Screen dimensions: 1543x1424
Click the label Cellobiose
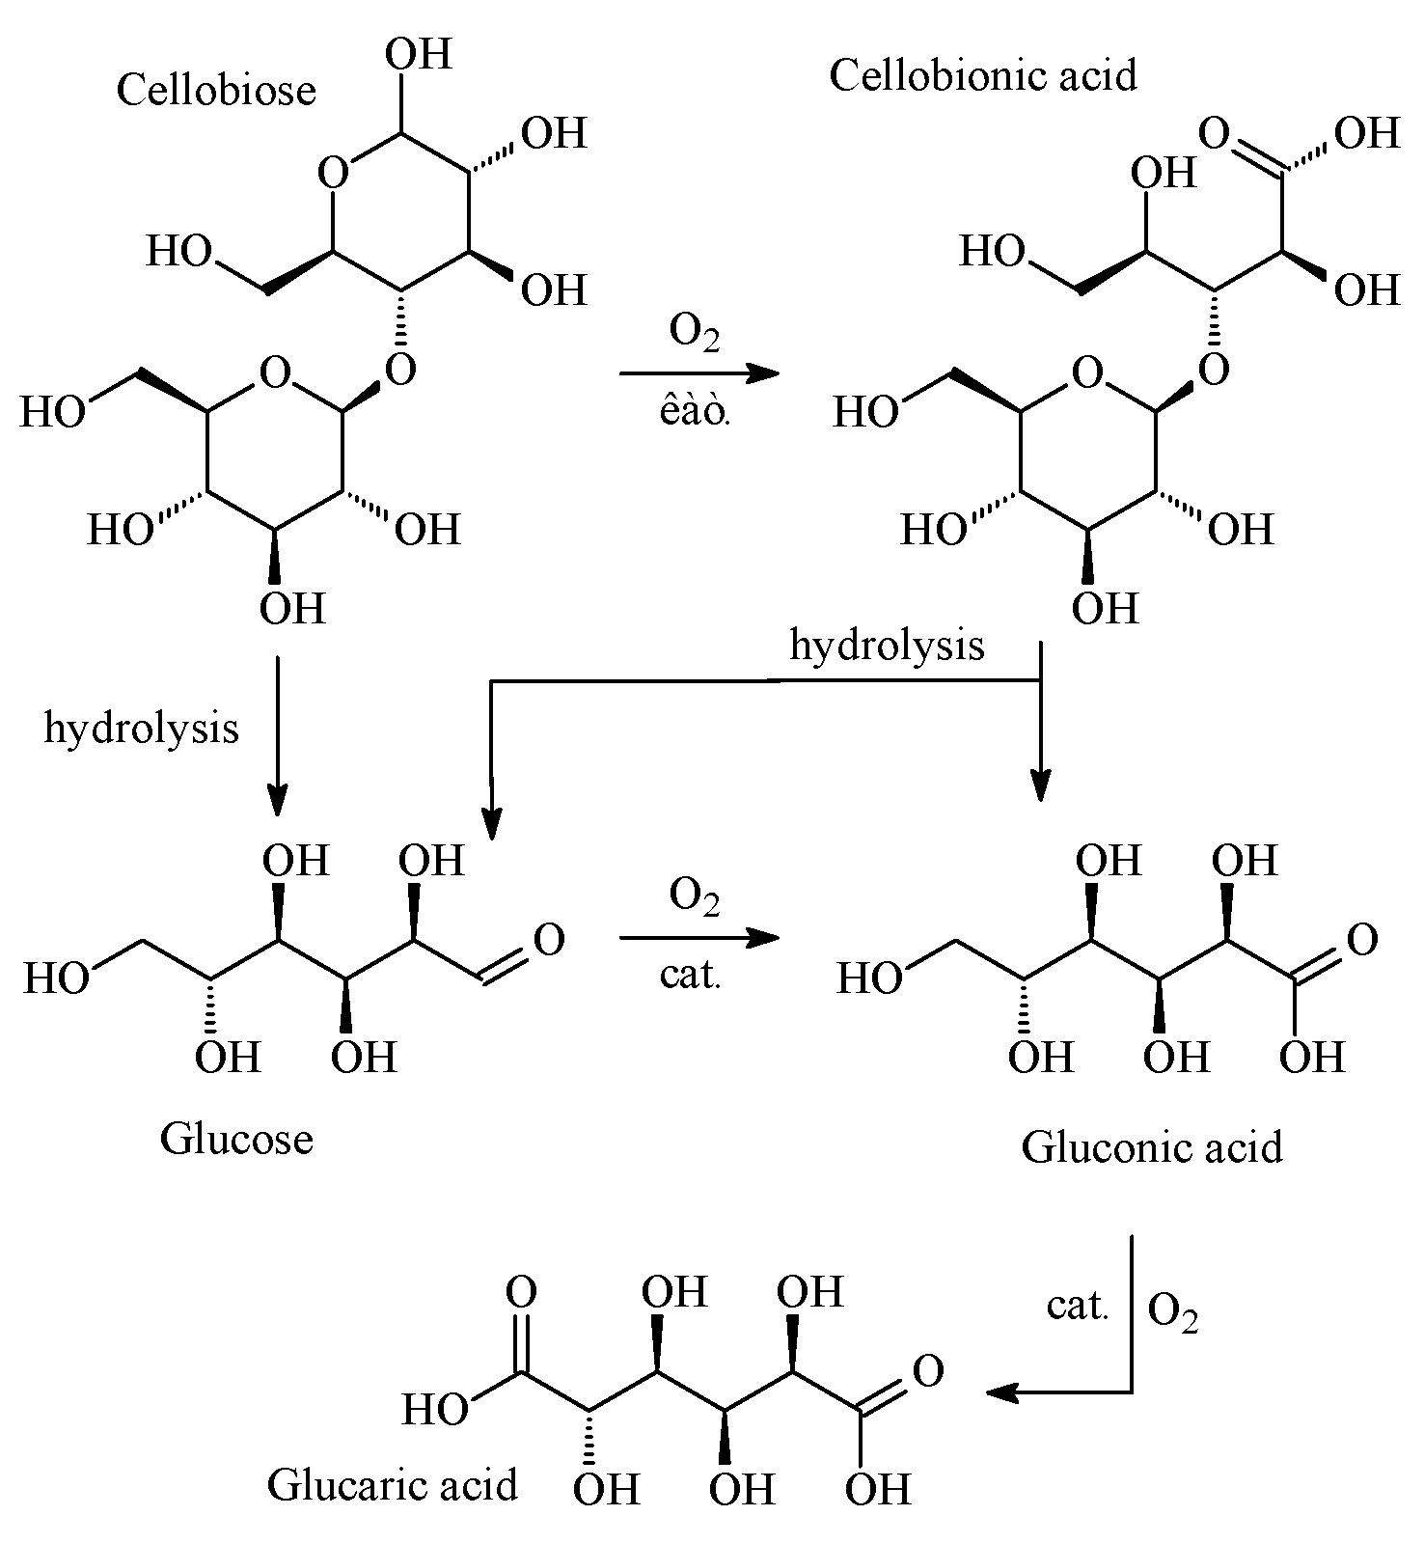click(x=216, y=91)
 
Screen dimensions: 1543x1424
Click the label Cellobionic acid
click(x=982, y=75)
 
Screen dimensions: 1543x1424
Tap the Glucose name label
click(x=236, y=1139)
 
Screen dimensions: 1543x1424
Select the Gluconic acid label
click(x=1152, y=1147)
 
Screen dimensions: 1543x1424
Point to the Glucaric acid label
click(x=392, y=1484)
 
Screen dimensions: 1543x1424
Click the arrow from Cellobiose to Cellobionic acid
click(x=698, y=372)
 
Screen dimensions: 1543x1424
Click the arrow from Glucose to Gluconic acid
click(x=698, y=937)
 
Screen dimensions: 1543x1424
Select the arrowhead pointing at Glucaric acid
click(x=1003, y=1392)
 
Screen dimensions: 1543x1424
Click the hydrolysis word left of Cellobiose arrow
click(x=141, y=728)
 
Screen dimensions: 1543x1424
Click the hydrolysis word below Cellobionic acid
click(x=887, y=645)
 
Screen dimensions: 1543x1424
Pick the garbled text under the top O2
click(x=693, y=412)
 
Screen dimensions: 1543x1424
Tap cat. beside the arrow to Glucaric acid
click(x=1077, y=1307)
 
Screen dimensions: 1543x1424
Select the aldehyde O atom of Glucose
click(x=548, y=939)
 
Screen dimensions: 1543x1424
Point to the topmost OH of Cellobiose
click(x=418, y=55)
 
